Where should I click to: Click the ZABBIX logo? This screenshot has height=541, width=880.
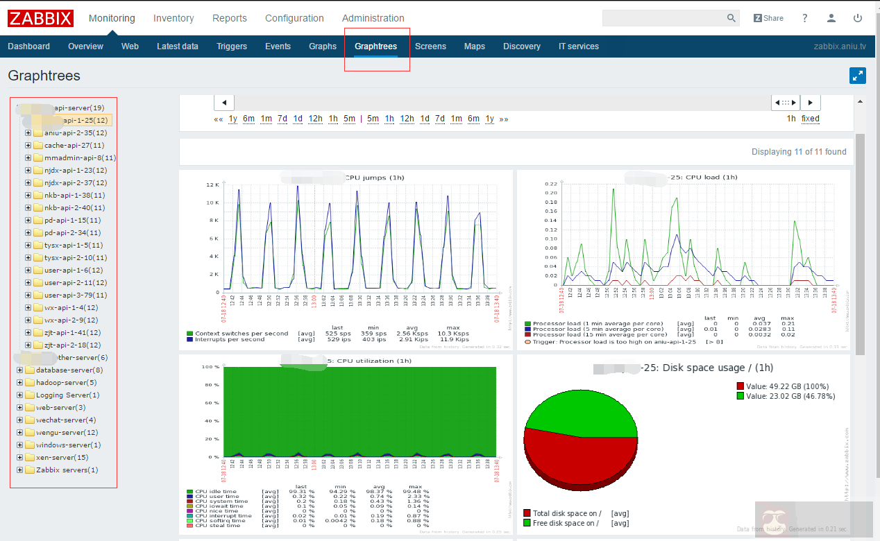[x=40, y=18]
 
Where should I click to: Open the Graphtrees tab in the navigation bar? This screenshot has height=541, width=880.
[x=375, y=46]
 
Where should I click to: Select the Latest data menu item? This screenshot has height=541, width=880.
[x=178, y=46]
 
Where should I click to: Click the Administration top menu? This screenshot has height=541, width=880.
[x=373, y=18]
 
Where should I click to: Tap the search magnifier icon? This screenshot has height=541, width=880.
[x=731, y=18]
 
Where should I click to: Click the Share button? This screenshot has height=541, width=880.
[x=768, y=18]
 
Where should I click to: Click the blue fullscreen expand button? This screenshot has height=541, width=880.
[x=857, y=76]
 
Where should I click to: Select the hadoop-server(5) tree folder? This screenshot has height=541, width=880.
[x=66, y=383]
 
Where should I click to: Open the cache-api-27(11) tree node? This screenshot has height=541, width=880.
[x=74, y=146]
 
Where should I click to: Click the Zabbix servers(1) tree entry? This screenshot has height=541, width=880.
[x=67, y=470]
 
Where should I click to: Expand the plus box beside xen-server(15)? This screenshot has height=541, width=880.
[x=20, y=458]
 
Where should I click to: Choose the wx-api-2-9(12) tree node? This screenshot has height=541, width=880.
[x=71, y=320]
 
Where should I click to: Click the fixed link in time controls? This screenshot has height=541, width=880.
[x=810, y=119]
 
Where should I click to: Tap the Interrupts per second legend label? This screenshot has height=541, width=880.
[x=230, y=339]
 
